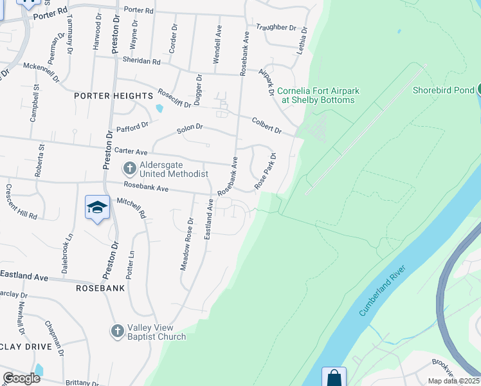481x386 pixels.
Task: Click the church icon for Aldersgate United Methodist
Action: [x=129, y=169]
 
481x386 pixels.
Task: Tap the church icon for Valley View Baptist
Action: [x=117, y=331]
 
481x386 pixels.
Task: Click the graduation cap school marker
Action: [x=97, y=208]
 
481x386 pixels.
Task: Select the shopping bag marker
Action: [x=334, y=378]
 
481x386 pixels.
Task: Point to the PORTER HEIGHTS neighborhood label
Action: [x=113, y=96]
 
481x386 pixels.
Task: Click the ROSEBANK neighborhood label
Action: [x=100, y=288]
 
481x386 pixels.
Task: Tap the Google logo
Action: [x=21, y=378]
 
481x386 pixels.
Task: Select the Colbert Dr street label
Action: [x=267, y=125]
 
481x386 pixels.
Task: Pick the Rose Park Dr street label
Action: [x=265, y=170]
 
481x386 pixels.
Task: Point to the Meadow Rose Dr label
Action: [x=187, y=244]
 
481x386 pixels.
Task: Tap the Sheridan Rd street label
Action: [x=141, y=60]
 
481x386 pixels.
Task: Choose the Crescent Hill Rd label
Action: [x=21, y=201]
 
